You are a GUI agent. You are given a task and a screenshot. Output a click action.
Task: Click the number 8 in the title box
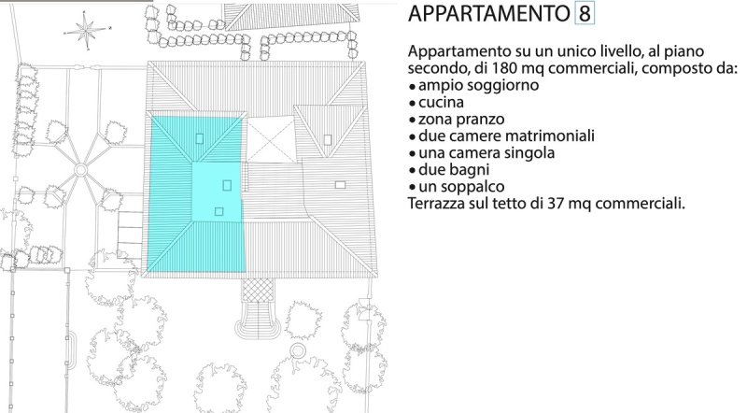[x=585, y=16]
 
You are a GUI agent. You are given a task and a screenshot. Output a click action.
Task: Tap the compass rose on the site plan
[x=87, y=30]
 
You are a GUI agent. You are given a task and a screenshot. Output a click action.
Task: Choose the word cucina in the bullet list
[x=440, y=102]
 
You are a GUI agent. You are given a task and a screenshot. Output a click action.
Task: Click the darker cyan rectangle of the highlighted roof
[x=218, y=191]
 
